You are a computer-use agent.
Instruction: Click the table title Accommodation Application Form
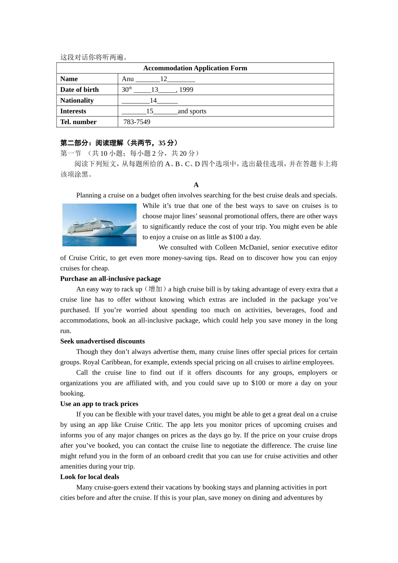[195, 68]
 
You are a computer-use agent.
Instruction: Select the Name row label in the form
[69, 79]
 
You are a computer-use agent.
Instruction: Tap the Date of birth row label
[79, 90]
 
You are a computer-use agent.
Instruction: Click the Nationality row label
[77, 101]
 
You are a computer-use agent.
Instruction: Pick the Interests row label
[73, 111]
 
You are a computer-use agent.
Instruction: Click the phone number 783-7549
[137, 122]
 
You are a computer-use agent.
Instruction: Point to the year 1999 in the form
[186, 90]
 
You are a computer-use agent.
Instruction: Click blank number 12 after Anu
[163, 79]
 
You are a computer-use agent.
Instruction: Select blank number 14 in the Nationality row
[153, 101]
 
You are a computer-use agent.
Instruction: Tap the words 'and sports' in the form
[192, 111]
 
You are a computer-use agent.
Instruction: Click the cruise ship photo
[99, 225]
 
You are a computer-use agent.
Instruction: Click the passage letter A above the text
[196, 185]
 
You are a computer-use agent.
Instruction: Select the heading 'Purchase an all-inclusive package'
[110, 279]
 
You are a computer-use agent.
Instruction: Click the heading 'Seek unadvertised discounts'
[102, 341]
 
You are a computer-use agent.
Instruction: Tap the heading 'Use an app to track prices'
[99, 404]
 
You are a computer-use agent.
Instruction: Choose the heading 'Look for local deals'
[89, 477]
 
